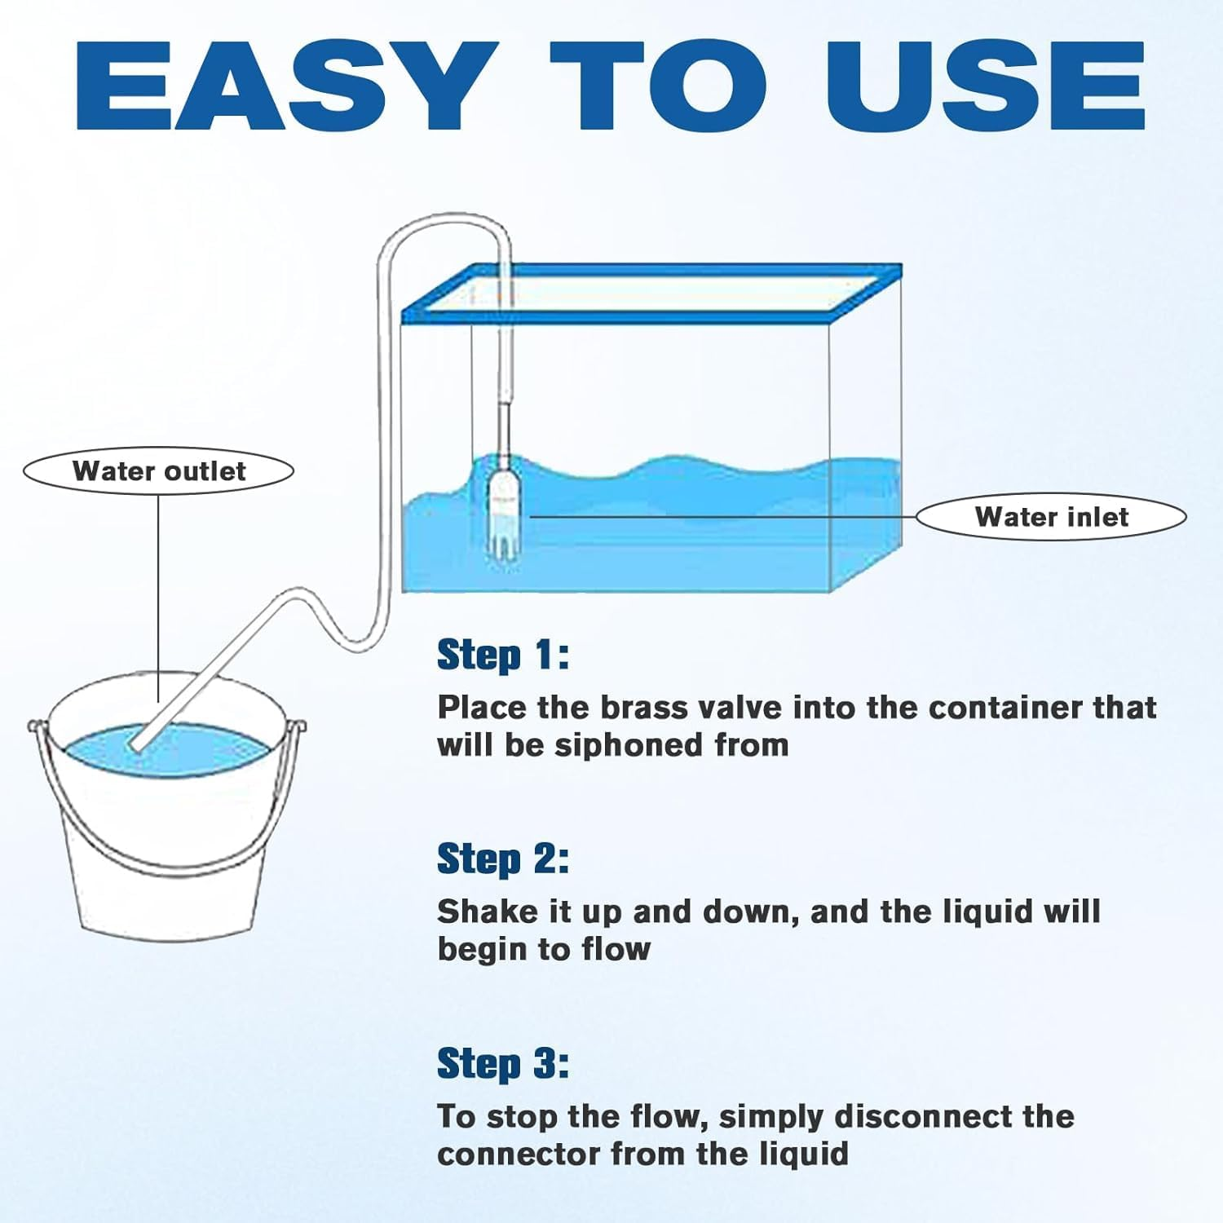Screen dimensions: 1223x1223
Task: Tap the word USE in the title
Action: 986,85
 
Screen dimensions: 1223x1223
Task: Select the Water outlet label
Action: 158,471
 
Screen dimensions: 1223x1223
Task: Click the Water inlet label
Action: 1052,517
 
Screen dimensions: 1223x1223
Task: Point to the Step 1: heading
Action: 503,655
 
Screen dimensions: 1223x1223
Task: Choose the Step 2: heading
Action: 503,859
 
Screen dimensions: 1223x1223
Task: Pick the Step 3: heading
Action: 503,1064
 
